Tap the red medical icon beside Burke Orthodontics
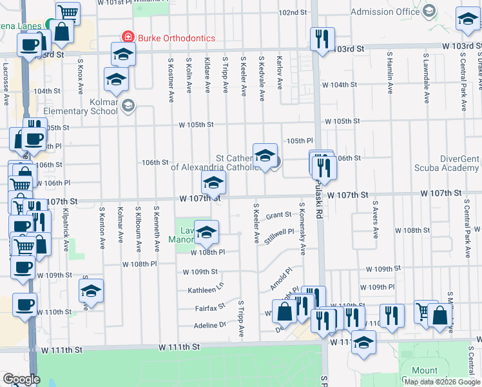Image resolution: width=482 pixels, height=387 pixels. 128,38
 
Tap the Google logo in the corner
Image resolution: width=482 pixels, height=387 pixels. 21,379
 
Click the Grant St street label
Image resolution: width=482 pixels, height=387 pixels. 279,215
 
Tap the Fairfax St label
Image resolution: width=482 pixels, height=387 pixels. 210,308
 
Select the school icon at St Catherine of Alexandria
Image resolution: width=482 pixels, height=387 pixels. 265,155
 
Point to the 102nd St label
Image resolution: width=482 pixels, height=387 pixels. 293,12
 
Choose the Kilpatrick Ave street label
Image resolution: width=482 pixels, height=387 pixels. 66,229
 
